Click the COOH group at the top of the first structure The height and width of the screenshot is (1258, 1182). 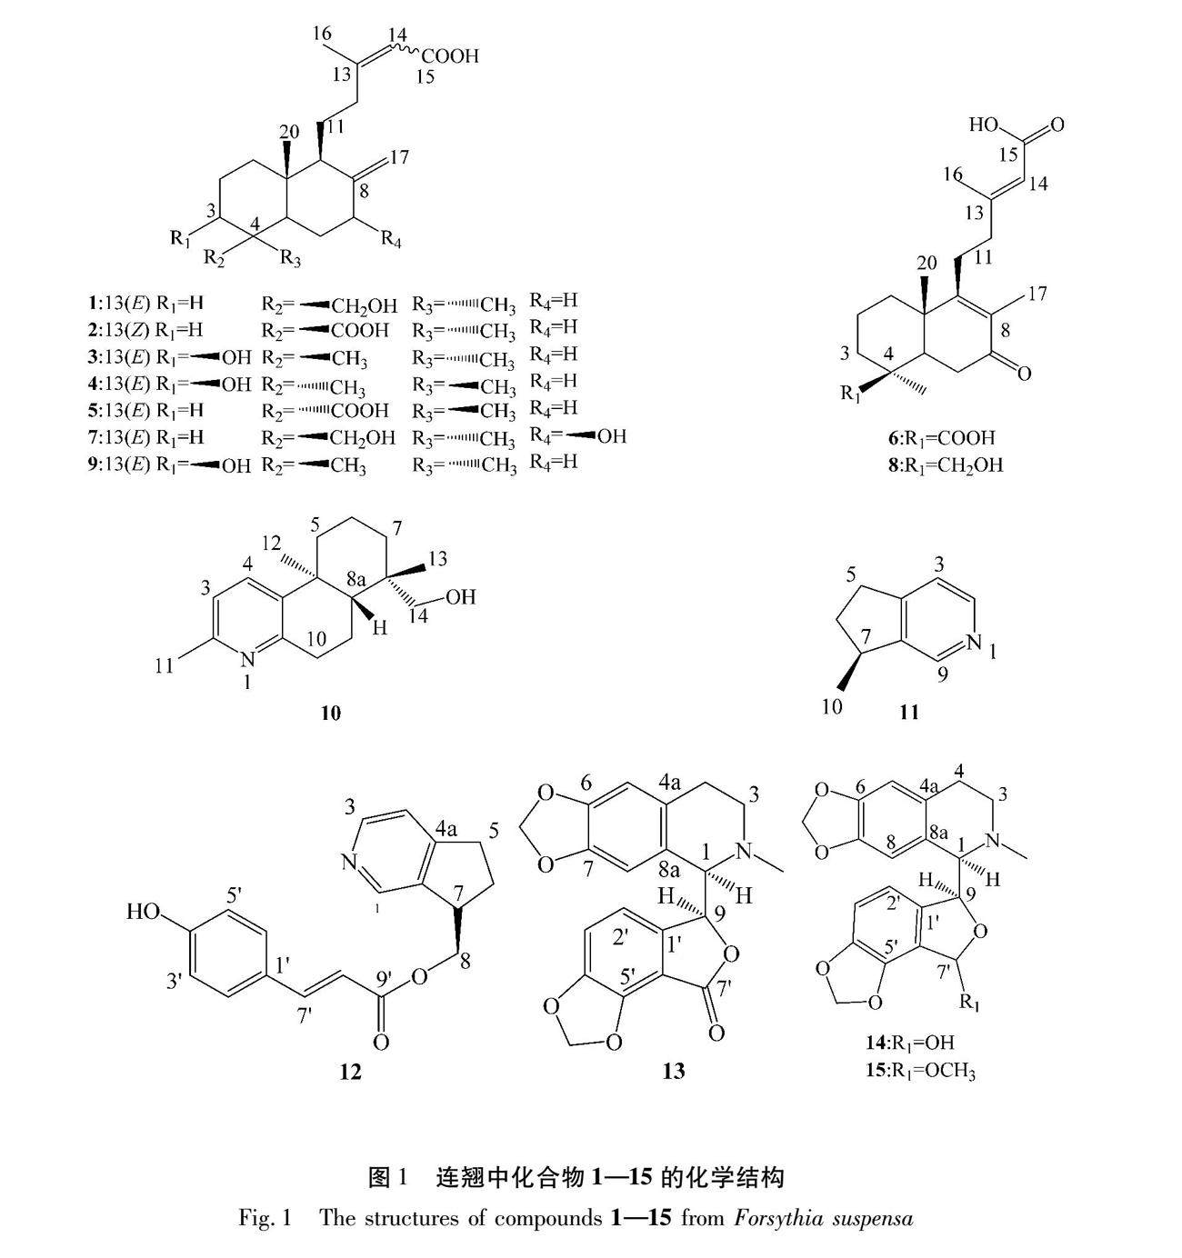pos(449,56)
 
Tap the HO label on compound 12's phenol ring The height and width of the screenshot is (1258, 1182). pos(145,911)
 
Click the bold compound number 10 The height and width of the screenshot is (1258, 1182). pos(330,713)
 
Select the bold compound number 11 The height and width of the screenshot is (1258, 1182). pos(909,713)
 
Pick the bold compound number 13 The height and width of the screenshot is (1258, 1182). pos(674,1072)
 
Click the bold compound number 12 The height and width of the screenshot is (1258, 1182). pos(350,1072)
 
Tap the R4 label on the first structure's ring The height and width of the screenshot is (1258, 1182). pos(391,240)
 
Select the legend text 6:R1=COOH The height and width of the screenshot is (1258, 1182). pos(941,437)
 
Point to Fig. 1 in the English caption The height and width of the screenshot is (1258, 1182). pos(264,1218)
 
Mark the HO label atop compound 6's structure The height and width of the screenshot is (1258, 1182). pos(985,125)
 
